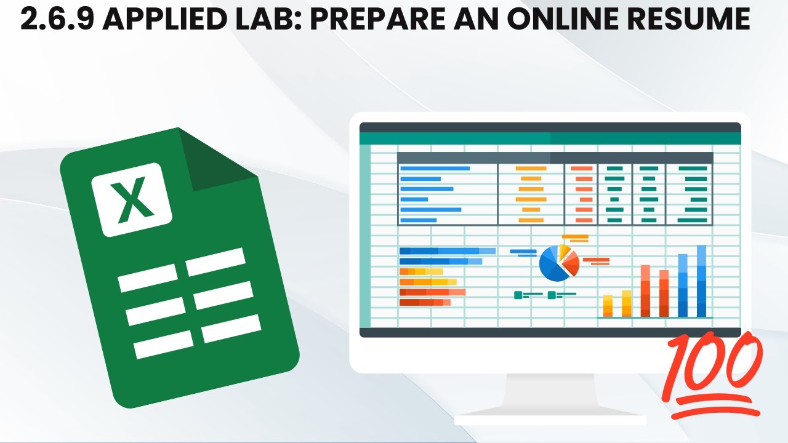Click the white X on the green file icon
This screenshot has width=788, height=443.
[x=132, y=199]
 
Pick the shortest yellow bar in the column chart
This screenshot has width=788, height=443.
[x=608, y=306]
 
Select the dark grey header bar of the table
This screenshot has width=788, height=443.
[x=554, y=158]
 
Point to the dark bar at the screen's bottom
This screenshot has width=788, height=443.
[x=550, y=332]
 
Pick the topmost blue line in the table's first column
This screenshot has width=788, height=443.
[x=435, y=168]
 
